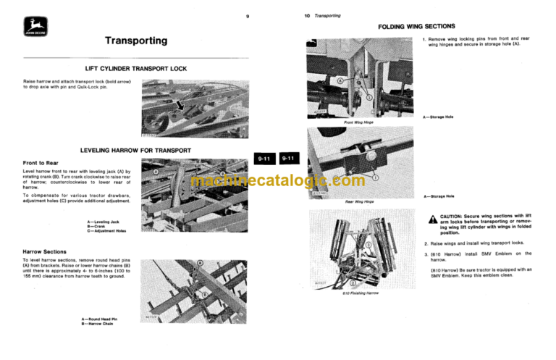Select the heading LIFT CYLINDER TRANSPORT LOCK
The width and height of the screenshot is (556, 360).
[135, 69]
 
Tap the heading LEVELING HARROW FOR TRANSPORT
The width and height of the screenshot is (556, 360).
[135, 151]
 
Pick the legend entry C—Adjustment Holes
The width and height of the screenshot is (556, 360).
[106, 232]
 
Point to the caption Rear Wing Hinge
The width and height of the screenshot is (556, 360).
[358, 201]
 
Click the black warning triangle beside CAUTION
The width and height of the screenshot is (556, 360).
[432, 219]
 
